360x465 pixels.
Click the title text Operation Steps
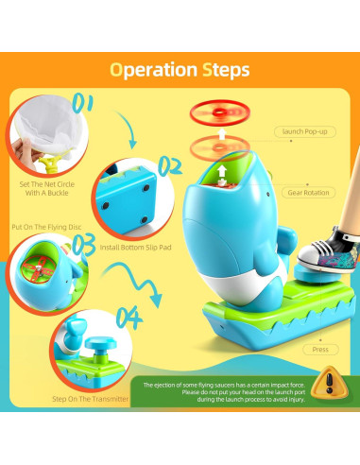180,70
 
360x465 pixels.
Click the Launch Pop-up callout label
304,130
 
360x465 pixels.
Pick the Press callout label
320,349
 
